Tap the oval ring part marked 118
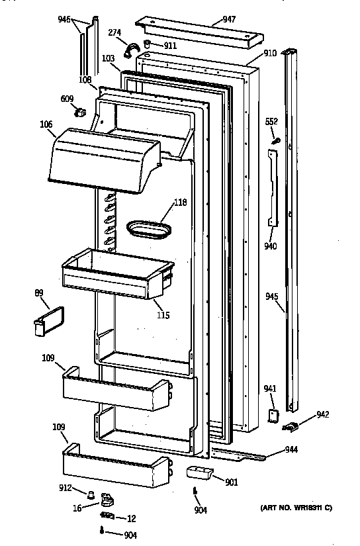point(147,229)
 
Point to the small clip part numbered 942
point(291,428)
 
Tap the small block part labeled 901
point(198,473)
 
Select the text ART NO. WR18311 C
point(294,507)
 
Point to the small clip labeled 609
point(82,113)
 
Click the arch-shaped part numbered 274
point(134,47)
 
